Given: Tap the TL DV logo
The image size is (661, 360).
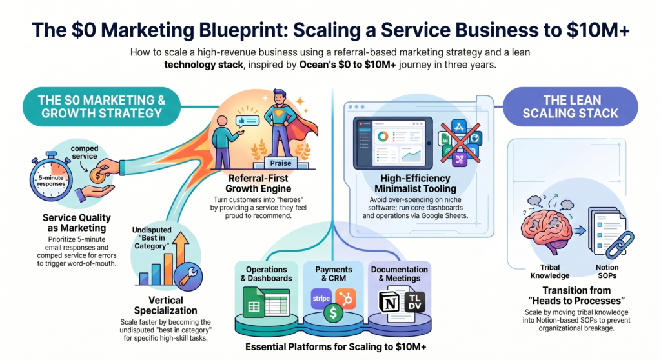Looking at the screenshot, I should pyautogui.click(x=414, y=303).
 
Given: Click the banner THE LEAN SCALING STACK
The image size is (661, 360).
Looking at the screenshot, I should pyautogui.click(x=571, y=106).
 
